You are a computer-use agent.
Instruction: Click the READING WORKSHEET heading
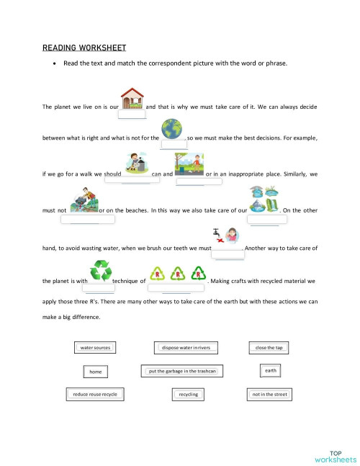[84, 48]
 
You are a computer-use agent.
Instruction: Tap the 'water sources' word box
[95, 348]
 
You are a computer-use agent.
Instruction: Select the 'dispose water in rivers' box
[186, 348]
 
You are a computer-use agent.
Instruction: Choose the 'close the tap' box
[270, 348]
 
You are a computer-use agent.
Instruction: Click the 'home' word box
[95, 372]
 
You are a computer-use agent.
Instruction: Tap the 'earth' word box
[271, 370]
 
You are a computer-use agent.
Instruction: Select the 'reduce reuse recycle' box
[95, 395]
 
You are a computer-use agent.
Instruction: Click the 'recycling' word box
[189, 395]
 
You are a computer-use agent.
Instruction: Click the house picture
[132, 98]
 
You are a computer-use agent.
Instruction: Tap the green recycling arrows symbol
[100, 271]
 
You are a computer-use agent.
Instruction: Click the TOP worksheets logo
[336, 454]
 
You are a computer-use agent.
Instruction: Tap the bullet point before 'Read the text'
[55, 63]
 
